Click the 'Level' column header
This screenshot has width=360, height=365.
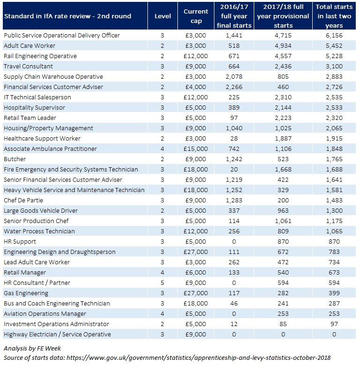point(162,16)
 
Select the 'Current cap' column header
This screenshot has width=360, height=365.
point(196,16)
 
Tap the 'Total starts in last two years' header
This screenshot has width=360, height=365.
point(334,16)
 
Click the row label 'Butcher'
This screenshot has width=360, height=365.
point(15,159)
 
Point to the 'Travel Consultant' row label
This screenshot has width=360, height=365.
point(28,67)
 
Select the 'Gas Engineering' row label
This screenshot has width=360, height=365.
point(26,293)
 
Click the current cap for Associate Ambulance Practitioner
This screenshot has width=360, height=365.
point(196,149)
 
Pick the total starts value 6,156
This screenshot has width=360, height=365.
point(334,36)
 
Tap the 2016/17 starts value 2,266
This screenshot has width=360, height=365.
point(234,87)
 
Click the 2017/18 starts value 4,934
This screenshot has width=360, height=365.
point(283,46)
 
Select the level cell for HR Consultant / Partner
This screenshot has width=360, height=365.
point(162,283)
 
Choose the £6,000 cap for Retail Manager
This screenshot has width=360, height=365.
point(196,273)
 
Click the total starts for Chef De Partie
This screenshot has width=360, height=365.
point(334,201)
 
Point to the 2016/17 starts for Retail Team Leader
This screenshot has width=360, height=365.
point(234,118)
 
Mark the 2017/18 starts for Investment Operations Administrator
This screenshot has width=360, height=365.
point(283,324)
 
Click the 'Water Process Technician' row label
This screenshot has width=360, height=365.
point(39,231)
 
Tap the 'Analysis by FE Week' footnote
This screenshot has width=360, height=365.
point(32,349)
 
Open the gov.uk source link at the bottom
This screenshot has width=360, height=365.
point(198,358)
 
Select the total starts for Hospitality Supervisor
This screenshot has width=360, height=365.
point(334,108)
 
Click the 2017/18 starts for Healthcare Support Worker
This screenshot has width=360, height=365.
point(283,139)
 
